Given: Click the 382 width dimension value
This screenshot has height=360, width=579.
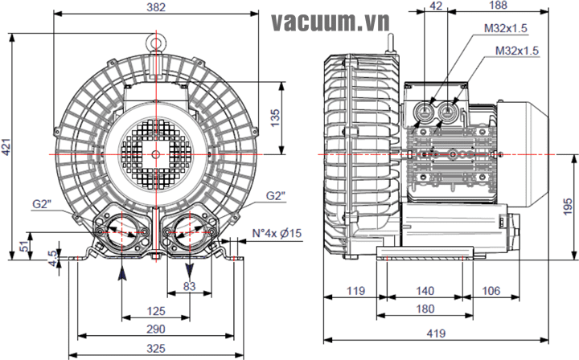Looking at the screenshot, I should point(158,8).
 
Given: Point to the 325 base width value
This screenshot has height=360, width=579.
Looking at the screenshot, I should point(156,349).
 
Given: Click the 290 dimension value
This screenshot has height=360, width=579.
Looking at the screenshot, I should point(156,329).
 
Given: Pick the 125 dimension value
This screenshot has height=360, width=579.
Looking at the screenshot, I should point(156,310).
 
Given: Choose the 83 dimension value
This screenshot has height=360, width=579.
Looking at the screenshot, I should point(189,286).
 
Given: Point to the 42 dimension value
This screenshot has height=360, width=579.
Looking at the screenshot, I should point(437,6).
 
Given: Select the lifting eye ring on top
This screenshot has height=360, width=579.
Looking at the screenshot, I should point(155,38).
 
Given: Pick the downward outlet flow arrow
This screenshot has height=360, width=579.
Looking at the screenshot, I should point(189,268).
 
